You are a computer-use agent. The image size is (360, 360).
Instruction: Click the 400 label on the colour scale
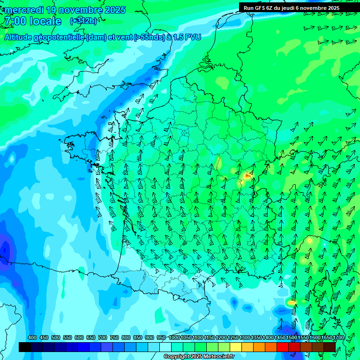[32, 338]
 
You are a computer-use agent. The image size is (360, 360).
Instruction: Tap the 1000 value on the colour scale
[174, 338]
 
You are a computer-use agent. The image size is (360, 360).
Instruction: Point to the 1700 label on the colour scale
[338, 338]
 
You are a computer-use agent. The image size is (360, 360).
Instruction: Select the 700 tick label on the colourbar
[103, 338]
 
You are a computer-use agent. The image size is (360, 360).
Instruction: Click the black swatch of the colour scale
[25, 347]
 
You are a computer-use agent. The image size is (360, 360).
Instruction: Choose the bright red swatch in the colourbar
[283, 347]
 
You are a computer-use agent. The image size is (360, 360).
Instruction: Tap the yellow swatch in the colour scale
[236, 347]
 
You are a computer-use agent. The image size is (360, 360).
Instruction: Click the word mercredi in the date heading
[22, 10]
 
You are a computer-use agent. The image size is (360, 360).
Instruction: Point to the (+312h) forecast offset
[83, 21]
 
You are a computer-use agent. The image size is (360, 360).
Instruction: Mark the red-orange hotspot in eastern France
[247, 176]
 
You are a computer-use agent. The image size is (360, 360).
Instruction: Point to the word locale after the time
[45, 22]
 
